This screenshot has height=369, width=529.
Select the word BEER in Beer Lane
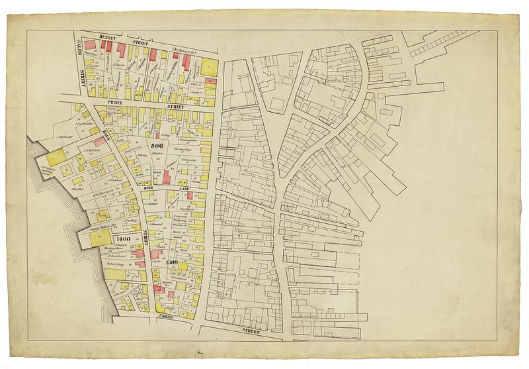point(149,189)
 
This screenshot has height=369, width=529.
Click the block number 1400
point(122,238)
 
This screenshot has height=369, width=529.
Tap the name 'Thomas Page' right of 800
point(183,150)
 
